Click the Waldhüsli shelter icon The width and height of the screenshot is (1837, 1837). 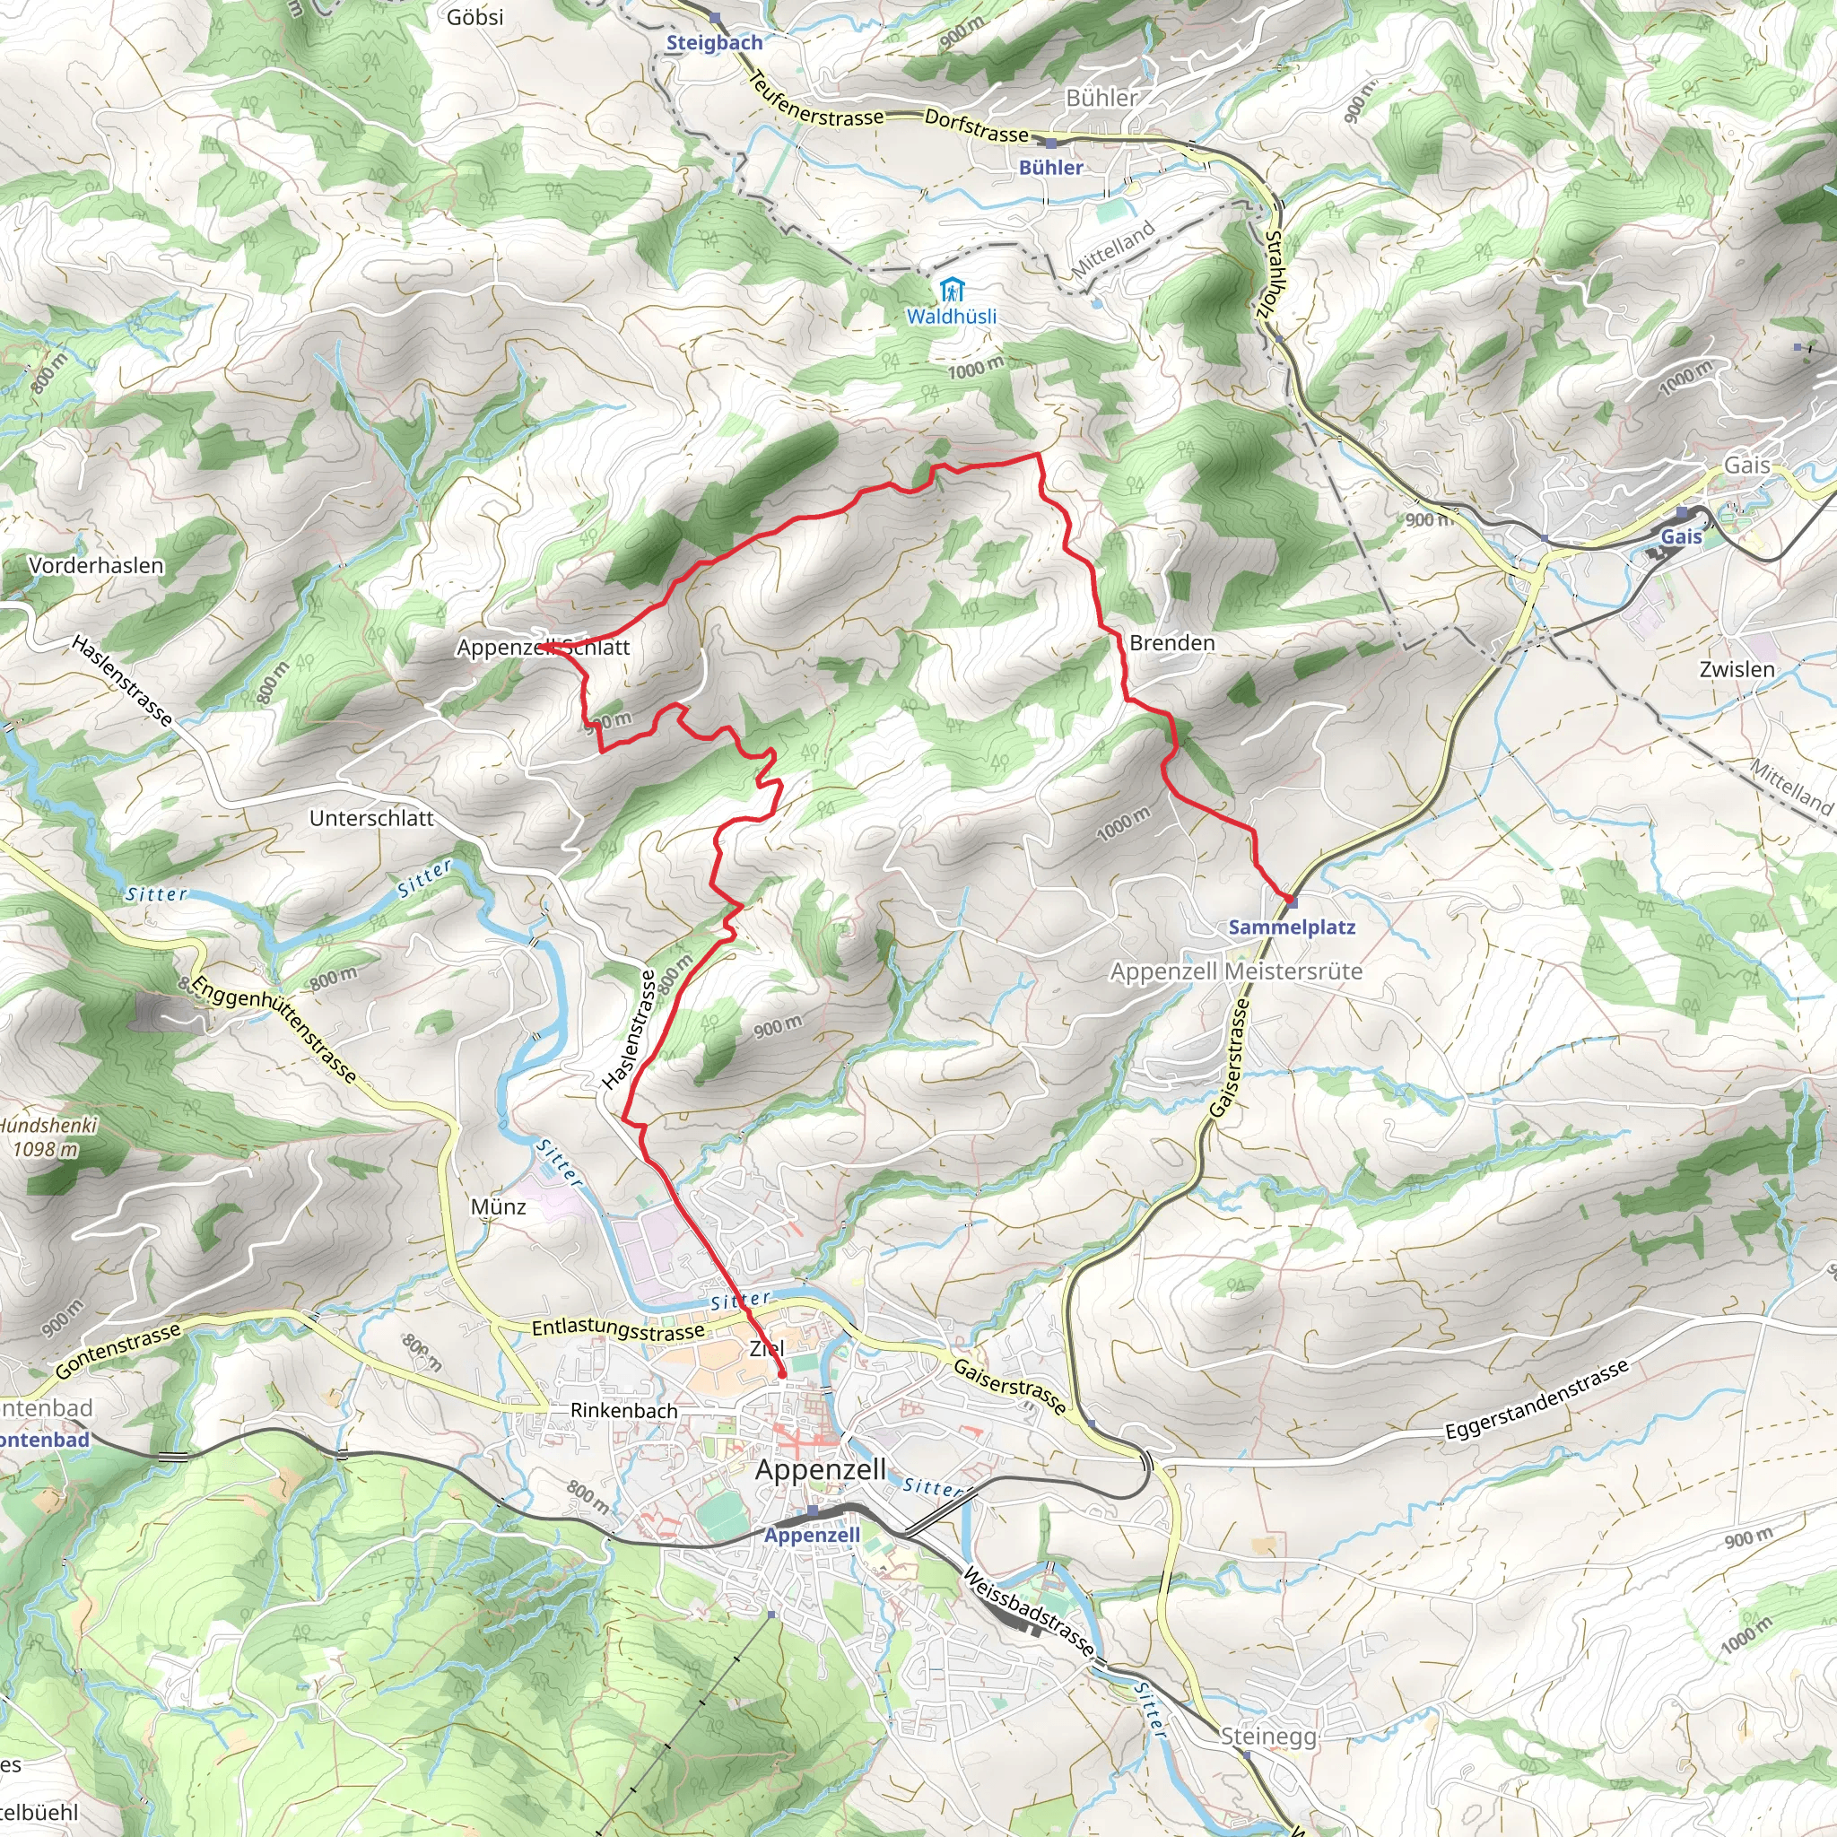(x=950, y=290)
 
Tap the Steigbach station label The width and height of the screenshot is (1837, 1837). (x=714, y=43)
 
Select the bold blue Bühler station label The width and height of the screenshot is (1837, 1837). (x=1050, y=168)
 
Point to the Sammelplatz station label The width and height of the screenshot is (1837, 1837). (x=1292, y=927)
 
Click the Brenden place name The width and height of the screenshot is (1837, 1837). (x=1171, y=644)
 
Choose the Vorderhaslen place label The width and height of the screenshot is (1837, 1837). (x=96, y=566)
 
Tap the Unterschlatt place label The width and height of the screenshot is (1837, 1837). (x=371, y=819)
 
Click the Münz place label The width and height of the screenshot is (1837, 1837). (x=498, y=1206)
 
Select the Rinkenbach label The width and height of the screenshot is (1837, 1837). (x=623, y=1410)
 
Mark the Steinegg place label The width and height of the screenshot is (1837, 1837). (x=1268, y=1737)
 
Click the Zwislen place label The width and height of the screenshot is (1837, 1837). (x=1737, y=669)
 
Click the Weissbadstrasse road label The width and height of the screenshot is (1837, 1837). (x=1028, y=1612)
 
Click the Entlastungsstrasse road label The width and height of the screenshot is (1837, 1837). (x=618, y=1330)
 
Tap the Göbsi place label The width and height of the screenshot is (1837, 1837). (x=474, y=17)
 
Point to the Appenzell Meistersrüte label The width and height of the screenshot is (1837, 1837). (x=1236, y=971)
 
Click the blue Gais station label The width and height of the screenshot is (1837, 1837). (x=1681, y=537)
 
